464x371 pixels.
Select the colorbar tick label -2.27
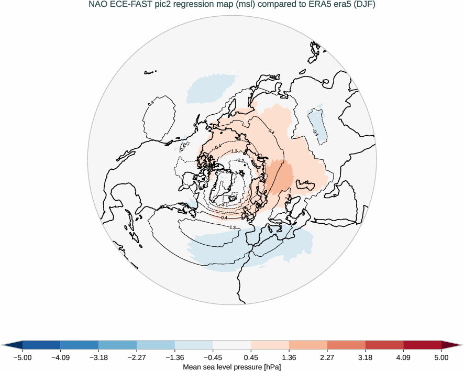[x=137, y=357]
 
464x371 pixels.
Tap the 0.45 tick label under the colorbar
[x=251, y=357]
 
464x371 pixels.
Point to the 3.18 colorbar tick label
[x=366, y=357]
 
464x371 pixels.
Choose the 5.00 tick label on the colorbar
[x=441, y=357]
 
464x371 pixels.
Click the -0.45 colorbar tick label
[x=213, y=357]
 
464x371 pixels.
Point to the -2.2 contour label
[x=241, y=160]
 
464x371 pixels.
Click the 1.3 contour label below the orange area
[x=233, y=227]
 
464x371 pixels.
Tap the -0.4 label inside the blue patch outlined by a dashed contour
[x=315, y=133]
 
